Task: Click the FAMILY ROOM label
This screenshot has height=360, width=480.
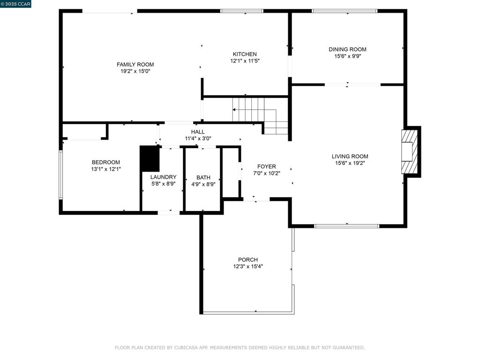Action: pyautogui.click(x=135, y=64)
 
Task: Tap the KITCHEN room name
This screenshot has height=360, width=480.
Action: pyautogui.click(x=245, y=54)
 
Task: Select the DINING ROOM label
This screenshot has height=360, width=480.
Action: pyautogui.click(x=347, y=49)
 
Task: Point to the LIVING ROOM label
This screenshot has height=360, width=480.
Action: pyautogui.click(x=350, y=156)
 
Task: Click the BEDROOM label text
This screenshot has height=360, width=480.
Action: pyautogui.click(x=106, y=162)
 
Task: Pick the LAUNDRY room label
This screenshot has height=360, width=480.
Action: pyautogui.click(x=163, y=177)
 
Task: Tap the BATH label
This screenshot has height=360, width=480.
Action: pyautogui.click(x=203, y=178)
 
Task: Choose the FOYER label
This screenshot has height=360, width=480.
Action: pyautogui.click(x=266, y=166)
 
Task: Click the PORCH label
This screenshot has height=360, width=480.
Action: pyautogui.click(x=248, y=260)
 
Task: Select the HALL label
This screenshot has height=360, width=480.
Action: pyautogui.click(x=198, y=132)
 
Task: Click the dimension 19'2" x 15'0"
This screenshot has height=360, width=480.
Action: pyautogui.click(x=135, y=71)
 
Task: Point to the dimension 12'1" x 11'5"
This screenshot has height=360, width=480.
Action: pyautogui.click(x=245, y=61)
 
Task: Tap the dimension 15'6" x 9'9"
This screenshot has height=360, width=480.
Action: pyautogui.click(x=348, y=56)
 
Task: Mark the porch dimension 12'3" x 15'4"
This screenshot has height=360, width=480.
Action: pyautogui.click(x=248, y=266)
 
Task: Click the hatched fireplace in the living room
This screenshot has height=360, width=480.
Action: pyautogui.click(x=410, y=151)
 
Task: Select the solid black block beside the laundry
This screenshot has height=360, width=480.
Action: pyautogui.click(x=150, y=158)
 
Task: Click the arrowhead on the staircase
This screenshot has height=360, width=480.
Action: pyautogui.click(x=234, y=110)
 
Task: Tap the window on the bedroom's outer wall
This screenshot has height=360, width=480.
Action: pyautogui.click(x=60, y=175)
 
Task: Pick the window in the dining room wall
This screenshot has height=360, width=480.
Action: pyautogui.click(x=345, y=11)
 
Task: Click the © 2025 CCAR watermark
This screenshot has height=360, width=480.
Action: pyautogui.click(x=15, y=4)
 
